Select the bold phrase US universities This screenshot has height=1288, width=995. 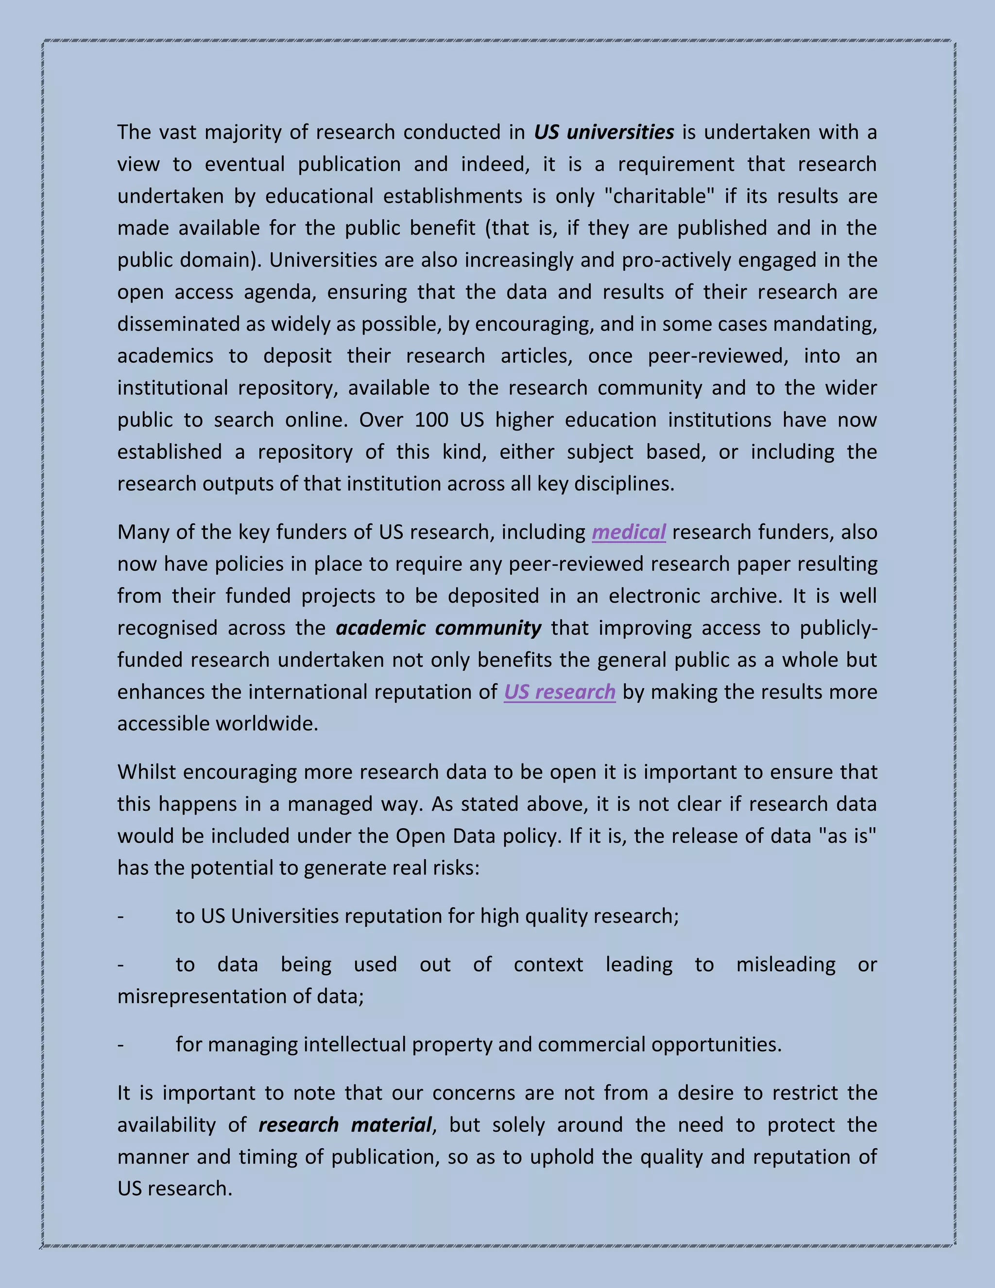click(x=603, y=132)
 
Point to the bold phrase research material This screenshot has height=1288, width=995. click(x=345, y=1125)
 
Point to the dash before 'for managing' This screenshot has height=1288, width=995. click(x=121, y=1045)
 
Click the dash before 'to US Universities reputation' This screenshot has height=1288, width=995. click(x=121, y=917)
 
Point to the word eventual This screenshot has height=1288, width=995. click(x=245, y=164)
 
